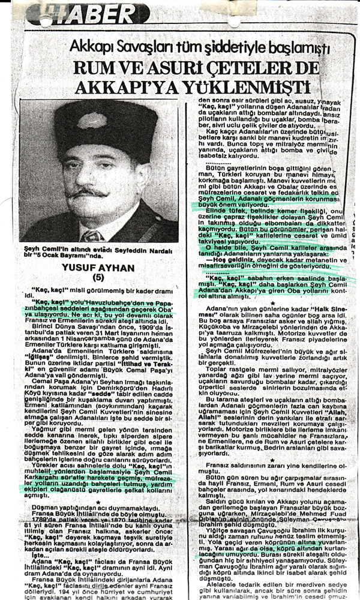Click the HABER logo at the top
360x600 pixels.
(x=96, y=13)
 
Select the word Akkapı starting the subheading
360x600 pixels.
(x=90, y=46)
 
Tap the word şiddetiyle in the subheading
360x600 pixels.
(x=195, y=46)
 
